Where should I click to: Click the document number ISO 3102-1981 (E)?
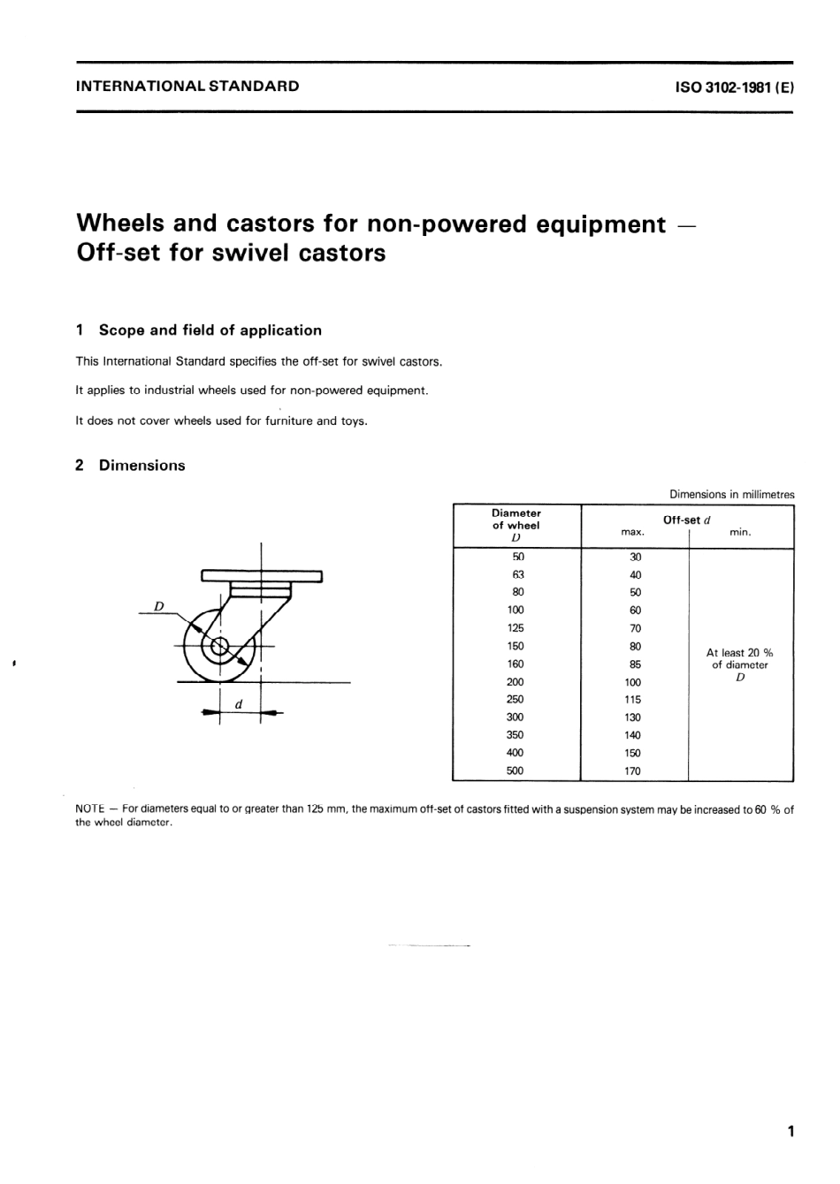722,87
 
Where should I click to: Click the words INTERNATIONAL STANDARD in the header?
187,87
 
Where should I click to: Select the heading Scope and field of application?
210,330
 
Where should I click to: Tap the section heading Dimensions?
141,466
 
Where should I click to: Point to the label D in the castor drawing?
159,606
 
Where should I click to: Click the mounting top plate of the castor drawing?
262,576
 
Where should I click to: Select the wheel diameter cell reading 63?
518,574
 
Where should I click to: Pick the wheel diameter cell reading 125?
515,628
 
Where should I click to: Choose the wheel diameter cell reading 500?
515,770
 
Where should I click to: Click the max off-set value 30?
635,557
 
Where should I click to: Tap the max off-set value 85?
635,664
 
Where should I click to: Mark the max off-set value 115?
633,699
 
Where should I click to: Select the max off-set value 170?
633,770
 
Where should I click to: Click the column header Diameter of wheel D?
516,525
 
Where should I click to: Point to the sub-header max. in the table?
633,533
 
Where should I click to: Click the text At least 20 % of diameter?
739,659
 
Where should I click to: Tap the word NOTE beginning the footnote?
90,809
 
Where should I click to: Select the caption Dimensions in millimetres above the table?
731,495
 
